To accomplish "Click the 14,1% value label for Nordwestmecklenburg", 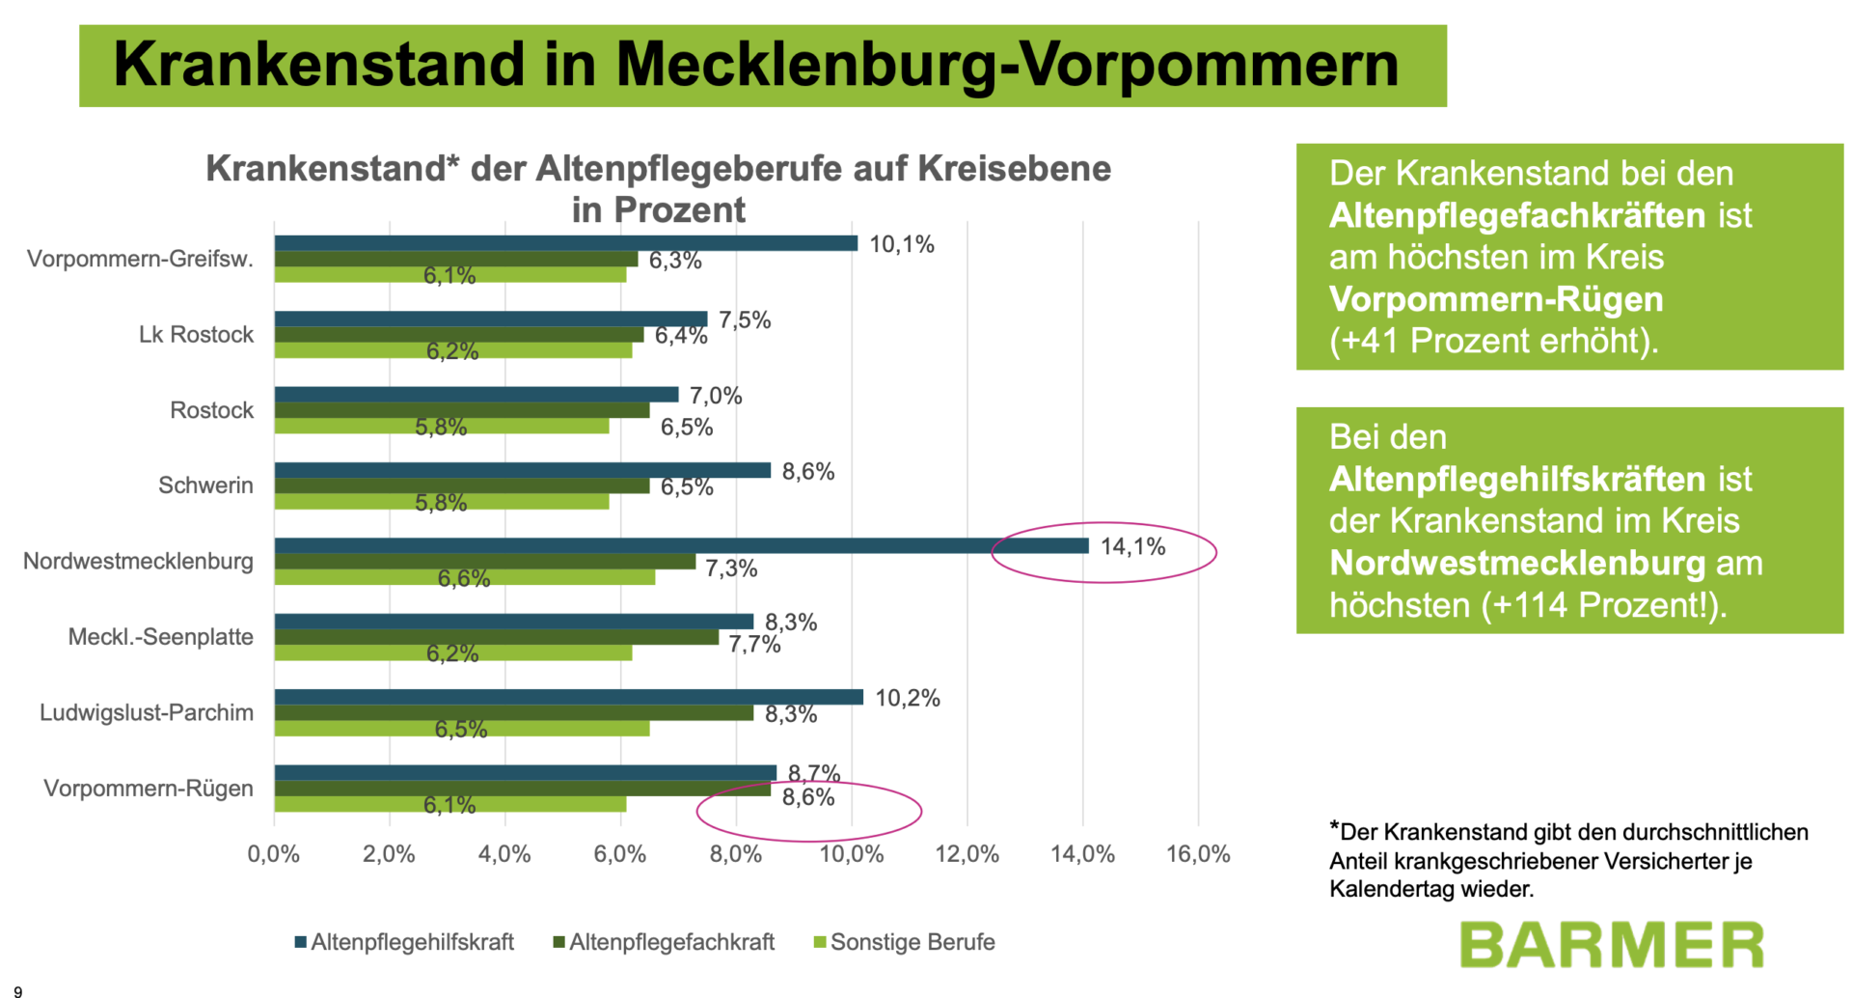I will (x=1132, y=547).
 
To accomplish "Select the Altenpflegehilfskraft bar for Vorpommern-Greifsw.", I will (x=565, y=243).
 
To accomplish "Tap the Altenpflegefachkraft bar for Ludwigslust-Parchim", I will (x=513, y=713).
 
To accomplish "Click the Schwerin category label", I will (x=205, y=485).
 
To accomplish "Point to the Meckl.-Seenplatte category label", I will (x=160, y=637).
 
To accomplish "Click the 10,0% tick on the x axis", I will (x=851, y=854).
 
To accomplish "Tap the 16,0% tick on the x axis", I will (x=1198, y=854).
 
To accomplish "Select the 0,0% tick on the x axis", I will (x=274, y=854).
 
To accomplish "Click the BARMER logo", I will (x=1611, y=945).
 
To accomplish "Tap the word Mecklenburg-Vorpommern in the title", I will (x=1007, y=65).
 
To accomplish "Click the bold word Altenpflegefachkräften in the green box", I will (x=1517, y=216).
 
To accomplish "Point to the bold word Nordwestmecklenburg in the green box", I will (x=1517, y=564).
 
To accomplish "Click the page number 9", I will (x=17, y=990).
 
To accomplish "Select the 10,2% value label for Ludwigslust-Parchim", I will (x=907, y=698).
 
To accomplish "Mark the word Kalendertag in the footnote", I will (x=1384, y=889).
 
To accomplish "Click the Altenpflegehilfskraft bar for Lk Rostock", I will (x=490, y=319).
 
